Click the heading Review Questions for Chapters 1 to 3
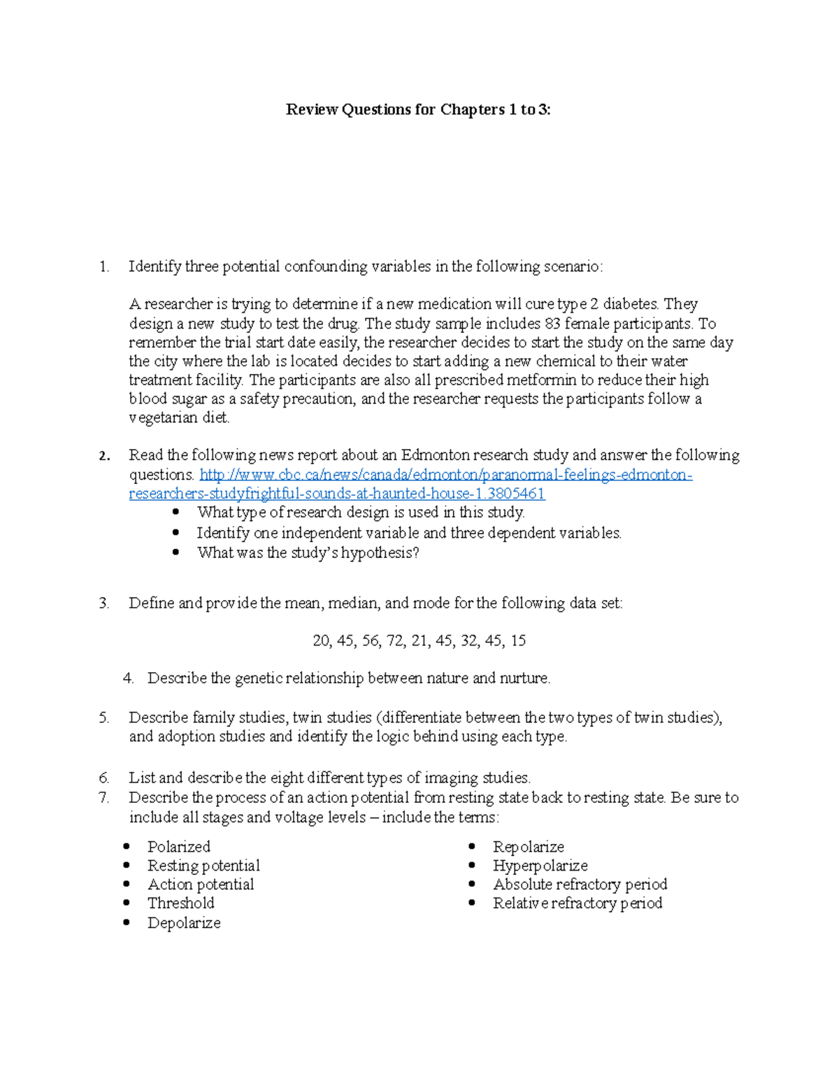click(x=418, y=110)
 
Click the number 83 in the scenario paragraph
click(x=552, y=324)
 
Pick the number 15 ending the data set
click(x=517, y=641)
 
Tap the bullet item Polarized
click(x=178, y=847)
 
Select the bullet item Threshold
click(x=180, y=903)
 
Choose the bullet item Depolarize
click(x=184, y=923)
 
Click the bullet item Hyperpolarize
click(x=540, y=866)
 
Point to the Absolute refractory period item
click(x=580, y=885)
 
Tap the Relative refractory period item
click(x=577, y=903)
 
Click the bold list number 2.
click(x=104, y=457)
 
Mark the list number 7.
click(x=104, y=798)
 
